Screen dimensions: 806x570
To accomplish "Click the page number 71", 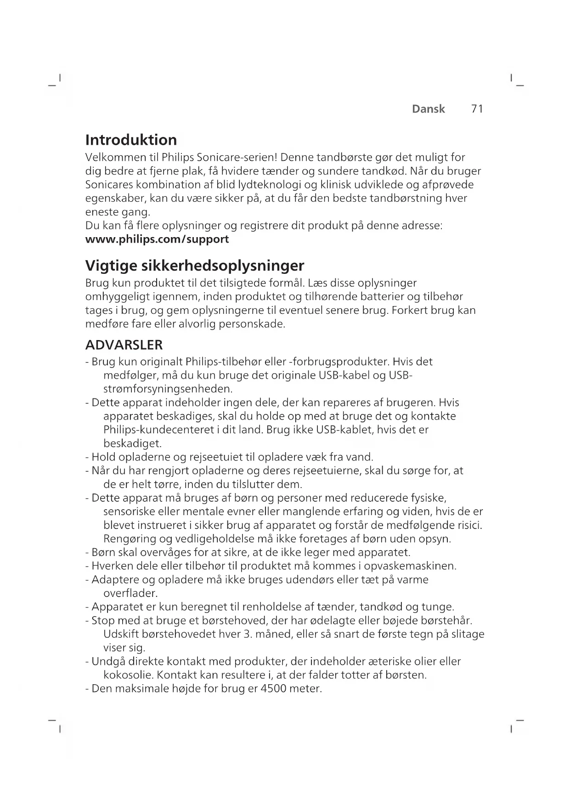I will [x=477, y=109].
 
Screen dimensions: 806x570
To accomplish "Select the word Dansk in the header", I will [x=428, y=109].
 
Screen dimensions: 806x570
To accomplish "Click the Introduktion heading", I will [x=131, y=140].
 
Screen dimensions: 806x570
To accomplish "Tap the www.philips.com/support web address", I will [x=157, y=239].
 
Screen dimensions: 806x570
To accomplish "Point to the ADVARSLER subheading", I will [x=124, y=345].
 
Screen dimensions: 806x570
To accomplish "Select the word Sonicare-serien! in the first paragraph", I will [x=237, y=158].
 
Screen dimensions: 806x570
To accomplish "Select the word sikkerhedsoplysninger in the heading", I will [x=222, y=266].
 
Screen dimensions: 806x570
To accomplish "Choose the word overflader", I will [x=130, y=593].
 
